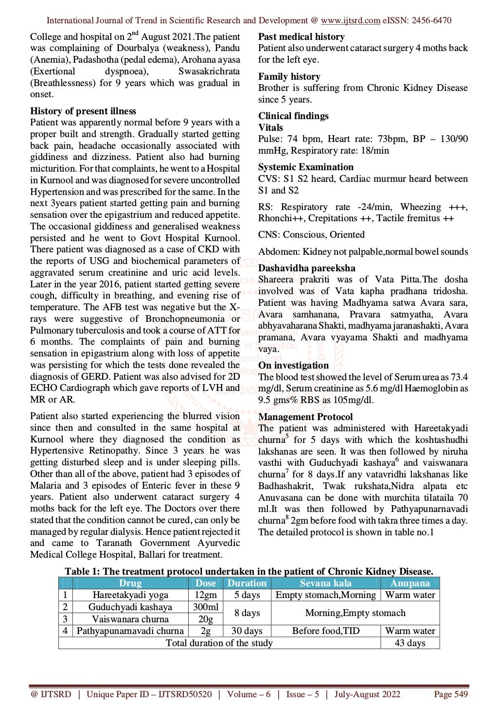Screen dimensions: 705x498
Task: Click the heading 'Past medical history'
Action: (301, 36)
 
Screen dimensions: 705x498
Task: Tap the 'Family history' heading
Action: (289, 76)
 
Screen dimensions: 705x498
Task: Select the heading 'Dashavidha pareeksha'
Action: (306, 268)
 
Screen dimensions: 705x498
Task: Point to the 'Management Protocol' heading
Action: (305, 417)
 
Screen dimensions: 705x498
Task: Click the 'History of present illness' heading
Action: (83, 111)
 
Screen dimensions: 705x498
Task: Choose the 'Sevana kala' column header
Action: (325, 583)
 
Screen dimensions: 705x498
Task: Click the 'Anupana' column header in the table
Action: (409, 583)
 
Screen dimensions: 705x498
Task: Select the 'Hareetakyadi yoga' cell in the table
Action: (130, 595)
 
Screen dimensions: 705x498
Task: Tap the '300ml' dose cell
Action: (205, 607)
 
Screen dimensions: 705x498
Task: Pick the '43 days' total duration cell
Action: (409, 643)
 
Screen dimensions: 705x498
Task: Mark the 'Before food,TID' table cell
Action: (325, 631)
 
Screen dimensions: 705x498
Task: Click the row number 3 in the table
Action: (65, 619)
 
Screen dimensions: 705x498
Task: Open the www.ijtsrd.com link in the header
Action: (350, 20)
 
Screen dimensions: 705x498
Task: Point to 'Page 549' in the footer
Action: (450, 694)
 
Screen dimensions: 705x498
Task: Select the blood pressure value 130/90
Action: (454, 139)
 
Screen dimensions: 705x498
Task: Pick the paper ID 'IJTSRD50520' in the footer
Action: (185, 694)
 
